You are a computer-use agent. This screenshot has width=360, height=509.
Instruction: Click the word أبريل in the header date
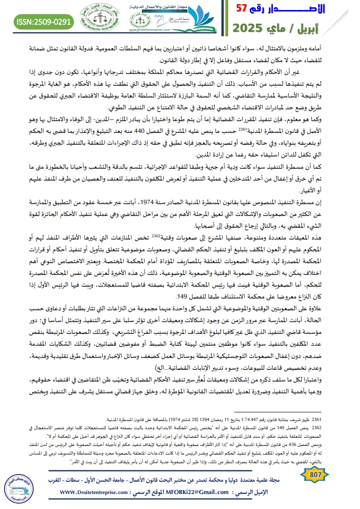(335, 28)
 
